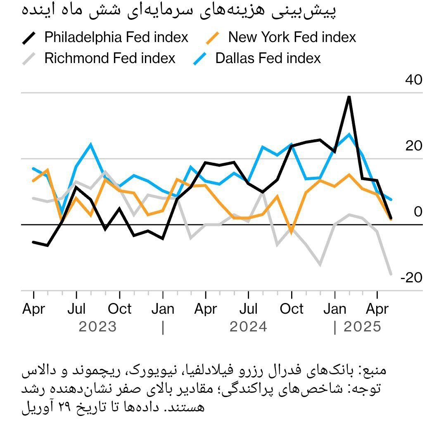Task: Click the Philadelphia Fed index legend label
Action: pyautogui.click(x=116, y=38)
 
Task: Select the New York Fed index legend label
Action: pyautogui.click(x=292, y=38)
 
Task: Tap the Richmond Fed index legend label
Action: pyautogui.click(x=110, y=58)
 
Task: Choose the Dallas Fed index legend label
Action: pyautogui.click(x=268, y=58)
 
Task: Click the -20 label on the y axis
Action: pyautogui.click(x=411, y=278)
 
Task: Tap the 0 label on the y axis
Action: pyautogui.click(x=418, y=212)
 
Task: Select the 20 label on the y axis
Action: pyautogui.click(x=414, y=146)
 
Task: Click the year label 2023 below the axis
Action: pyautogui.click(x=98, y=327)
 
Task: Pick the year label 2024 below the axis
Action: pyautogui.click(x=249, y=327)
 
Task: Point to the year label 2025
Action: pyautogui.click(x=362, y=327)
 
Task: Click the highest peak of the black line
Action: pyautogui.click(x=349, y=97)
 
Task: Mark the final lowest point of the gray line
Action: pyautogui.click(x=391, y=274)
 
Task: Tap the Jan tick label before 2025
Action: pyautogui.click(x=334, y=309)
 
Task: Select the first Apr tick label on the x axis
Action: pyautogui.click(x=33, y=309)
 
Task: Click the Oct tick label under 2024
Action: pyautogui.click(x=292, y=309)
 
